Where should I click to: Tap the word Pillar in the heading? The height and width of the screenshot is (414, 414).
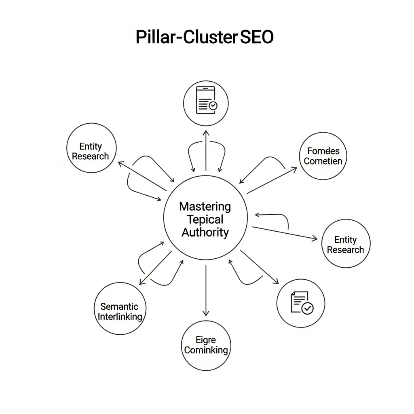click(155, 37)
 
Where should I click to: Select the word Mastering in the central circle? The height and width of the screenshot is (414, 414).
click(205, 207)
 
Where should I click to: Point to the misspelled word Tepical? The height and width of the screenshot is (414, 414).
click(205, 220)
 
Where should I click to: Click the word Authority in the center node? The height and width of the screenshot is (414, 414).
click(205, 232)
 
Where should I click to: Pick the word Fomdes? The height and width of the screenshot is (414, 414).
click(323, 151)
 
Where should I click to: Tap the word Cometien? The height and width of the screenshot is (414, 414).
click(323, 161)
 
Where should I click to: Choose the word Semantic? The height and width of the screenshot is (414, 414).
click(119, 306)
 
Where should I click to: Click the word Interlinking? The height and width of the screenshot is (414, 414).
click(120, 317)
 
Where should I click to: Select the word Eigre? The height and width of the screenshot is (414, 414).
click(205, 340)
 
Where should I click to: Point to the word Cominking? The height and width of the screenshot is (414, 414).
click(206, 350)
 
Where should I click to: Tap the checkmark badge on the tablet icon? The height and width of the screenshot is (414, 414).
click(213, 106)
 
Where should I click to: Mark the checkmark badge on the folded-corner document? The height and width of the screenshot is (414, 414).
click(308, 308)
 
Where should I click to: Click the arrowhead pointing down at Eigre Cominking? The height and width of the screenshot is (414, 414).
click(206, 313)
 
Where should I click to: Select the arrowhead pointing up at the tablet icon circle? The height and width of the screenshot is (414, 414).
click(206, 133)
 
